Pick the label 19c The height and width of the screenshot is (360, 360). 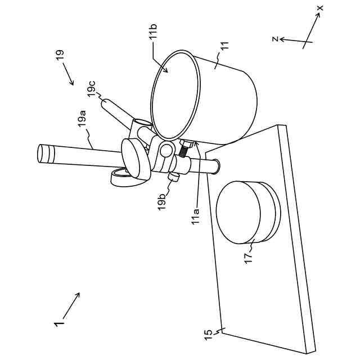coord(92,89)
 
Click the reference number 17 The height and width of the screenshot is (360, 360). coord(248,258)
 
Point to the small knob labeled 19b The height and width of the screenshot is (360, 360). coord(174,177)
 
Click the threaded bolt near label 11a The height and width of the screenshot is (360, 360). coord(184,150)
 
